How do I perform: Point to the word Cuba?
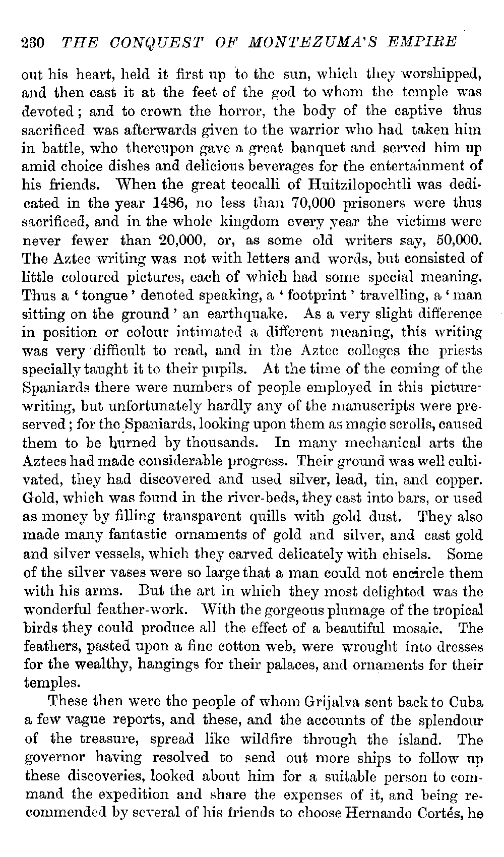(463, 702)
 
